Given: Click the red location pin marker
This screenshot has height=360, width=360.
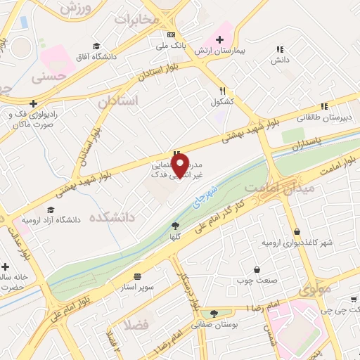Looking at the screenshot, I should pyautogui.click(x=181, y=165).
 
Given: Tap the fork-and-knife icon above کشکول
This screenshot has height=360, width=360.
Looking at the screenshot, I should pyautogui.click(x=222, y=90).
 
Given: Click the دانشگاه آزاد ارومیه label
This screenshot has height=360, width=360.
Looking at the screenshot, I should pyautogui.click(x=51, y=219).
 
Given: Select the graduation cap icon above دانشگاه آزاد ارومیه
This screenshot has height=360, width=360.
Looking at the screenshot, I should pyautogui.click(x=50, y=209).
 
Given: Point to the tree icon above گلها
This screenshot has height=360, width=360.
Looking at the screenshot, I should pyautogui.click(x=175, y=226).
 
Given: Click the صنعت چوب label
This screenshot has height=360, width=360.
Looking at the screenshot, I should pyautogui.click(x=255, y=281).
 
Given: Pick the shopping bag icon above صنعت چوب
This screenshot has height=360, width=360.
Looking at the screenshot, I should pyautogui.click(x=257, y=270).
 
